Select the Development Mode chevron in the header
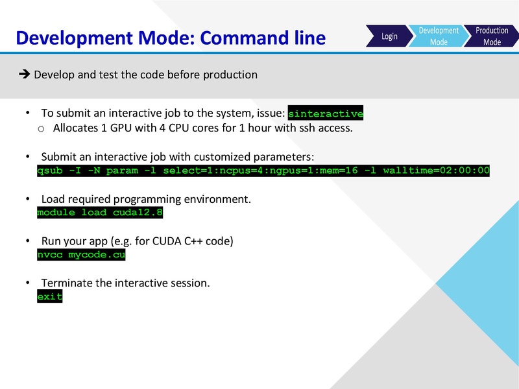439,36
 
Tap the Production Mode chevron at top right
492,36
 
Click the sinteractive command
325,113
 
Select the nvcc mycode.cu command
81,255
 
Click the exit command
50,296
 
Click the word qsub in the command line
50,171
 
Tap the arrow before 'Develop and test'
25,75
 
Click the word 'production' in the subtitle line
230,75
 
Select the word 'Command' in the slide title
248,38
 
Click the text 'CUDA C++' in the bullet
175,241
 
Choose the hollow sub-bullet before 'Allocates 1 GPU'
41,128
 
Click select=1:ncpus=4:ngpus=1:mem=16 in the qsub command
260,171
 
